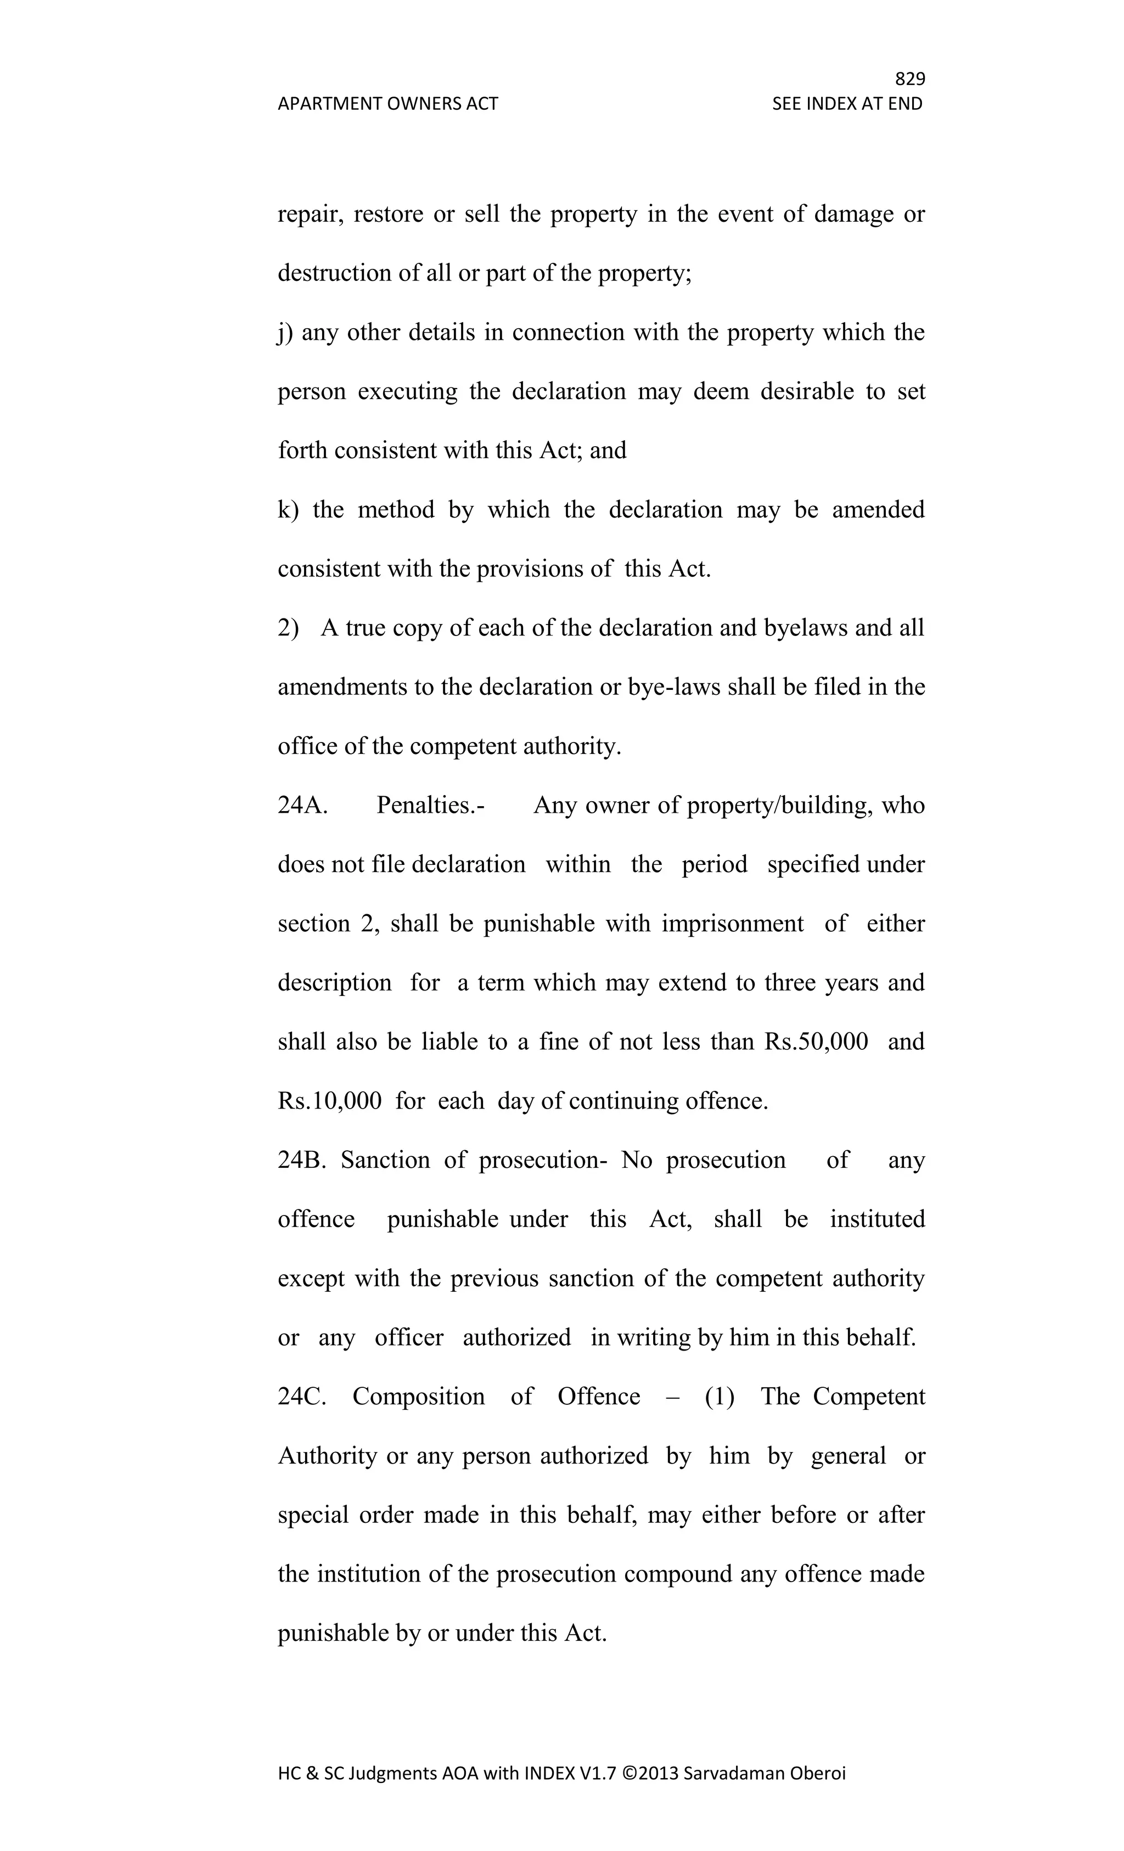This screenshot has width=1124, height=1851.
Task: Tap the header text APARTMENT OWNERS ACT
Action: [387, 104]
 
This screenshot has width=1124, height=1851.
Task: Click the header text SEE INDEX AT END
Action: [847, 104]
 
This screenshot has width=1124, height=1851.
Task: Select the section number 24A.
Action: [302, 805]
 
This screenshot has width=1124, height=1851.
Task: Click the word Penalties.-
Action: [430, 805]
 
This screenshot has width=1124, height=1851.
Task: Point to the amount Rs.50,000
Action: [816, 1042]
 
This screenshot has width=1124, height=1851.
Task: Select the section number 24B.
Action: [301, 1160]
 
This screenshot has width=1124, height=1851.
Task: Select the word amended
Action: [878, 510]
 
